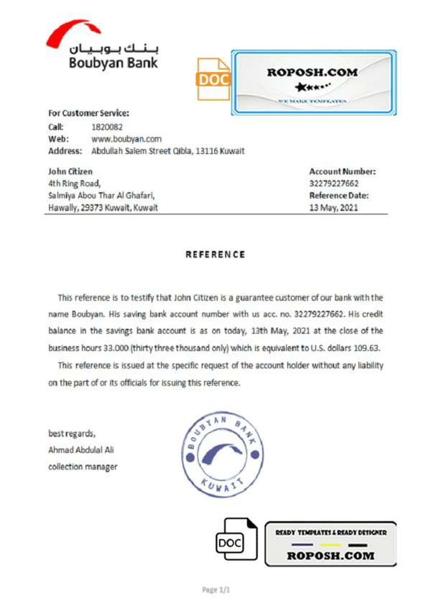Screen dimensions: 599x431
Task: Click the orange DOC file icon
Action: [213, 79]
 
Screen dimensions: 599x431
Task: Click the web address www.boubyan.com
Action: [126, 139]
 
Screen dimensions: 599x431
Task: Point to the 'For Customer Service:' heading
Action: [88, 113]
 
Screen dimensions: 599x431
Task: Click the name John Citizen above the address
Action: [70, 171]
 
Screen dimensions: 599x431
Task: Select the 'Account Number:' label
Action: [342, 171]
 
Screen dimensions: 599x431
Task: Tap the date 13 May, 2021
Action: [334, 208]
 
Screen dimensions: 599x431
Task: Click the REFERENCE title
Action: [215, 255]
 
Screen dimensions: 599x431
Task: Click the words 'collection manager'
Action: [83, 467]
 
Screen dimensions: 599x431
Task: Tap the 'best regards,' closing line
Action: [71, 433]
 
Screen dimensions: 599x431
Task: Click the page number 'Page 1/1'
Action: [216, 589]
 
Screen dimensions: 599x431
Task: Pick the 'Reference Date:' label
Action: [338, 196]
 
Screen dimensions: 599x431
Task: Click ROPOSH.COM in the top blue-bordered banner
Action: [312, 73]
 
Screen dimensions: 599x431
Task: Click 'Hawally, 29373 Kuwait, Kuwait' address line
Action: [103, 208]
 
